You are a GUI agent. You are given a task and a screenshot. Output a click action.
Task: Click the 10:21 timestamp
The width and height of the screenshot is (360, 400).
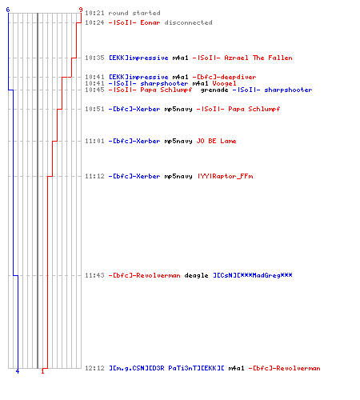point(94,13)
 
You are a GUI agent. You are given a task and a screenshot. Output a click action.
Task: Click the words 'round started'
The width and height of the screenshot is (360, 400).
point(134,13)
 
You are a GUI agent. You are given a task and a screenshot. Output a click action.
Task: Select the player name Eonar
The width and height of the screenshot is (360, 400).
point(150,22)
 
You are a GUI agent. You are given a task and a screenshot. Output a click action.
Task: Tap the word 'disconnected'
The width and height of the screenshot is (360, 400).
point(188,22)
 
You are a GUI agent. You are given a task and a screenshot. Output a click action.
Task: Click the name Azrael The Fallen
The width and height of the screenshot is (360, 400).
point(258,58)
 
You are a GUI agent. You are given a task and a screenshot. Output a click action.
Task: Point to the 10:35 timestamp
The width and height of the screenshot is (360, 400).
point(94,58)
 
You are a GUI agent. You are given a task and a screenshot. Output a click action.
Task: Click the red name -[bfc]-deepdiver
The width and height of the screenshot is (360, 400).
point(224,77)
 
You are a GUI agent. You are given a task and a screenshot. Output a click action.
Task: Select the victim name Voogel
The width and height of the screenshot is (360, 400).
point(224,83)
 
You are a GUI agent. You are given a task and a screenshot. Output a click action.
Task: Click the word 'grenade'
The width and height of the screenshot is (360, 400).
point(214,90)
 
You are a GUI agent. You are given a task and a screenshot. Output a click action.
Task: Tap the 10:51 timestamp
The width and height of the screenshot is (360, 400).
point(94,109)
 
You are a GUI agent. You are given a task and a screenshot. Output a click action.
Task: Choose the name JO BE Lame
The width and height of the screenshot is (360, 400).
point(216,141)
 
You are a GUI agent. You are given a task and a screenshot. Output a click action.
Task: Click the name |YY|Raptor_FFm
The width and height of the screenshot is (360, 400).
point(225,176)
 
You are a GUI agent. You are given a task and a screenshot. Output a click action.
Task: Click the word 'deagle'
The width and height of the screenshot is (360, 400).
point(196,275)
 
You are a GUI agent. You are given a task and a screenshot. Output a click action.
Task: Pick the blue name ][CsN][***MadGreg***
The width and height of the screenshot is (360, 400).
point(253,275)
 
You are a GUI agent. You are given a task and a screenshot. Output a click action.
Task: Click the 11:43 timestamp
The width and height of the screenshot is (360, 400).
point(94,275)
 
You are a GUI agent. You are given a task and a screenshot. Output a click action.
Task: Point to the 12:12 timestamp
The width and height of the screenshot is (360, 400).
point(94,368)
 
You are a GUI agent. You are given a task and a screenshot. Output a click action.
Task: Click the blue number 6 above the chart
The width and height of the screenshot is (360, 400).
point(8,10)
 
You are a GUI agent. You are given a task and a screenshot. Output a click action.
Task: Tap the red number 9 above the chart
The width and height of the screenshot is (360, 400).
point(81,10)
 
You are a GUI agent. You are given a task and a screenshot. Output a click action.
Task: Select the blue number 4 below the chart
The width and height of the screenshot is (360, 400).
point(18,371)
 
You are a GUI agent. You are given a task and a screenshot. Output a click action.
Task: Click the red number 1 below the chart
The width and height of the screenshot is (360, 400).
point(42,371)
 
